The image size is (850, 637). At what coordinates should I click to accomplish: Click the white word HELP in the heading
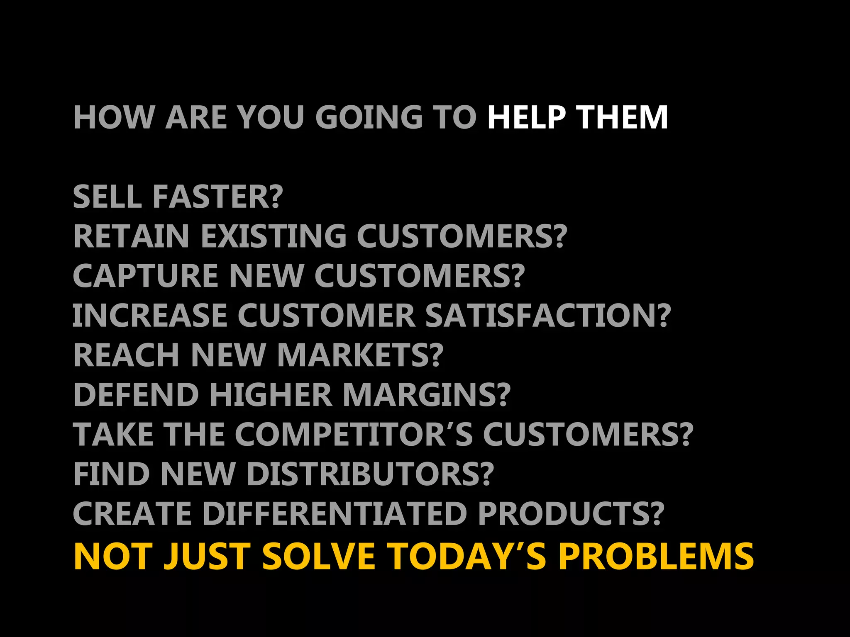[526, 117]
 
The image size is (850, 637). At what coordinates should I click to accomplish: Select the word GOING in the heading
[370, 117]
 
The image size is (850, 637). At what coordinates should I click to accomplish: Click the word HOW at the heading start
[113, 117]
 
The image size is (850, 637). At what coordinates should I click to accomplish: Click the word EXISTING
[274, 236]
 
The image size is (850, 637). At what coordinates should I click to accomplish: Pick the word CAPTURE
[145, 276]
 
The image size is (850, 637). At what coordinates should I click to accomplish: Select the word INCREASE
[150, 316]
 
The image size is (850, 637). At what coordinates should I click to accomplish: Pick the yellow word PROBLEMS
[656, 557]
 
